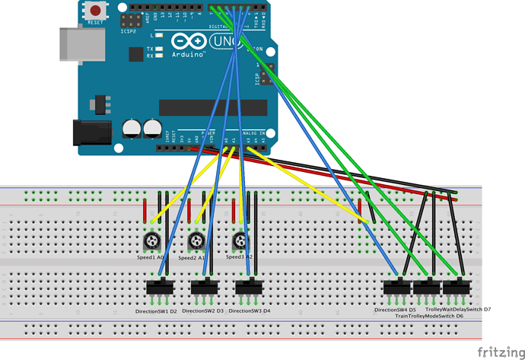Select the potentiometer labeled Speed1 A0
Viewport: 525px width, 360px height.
[151, 243]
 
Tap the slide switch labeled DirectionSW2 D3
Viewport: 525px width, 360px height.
[203, 288]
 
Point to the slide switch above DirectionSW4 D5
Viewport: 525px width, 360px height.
[396, 288]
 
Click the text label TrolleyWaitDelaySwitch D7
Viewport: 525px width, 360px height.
[458, 310]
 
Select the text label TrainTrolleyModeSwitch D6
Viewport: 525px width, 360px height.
[430, 316]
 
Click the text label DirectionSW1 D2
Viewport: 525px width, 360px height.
[156, 311]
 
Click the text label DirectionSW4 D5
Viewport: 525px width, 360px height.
[395, 310]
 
